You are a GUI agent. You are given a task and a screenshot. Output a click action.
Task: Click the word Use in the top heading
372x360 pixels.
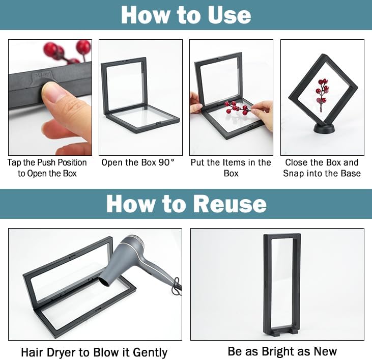[x=229, y=15]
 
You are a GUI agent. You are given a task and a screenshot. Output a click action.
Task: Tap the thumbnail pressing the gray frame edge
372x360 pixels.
[x=52, y=91]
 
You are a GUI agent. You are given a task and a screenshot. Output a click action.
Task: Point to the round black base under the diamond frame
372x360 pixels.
[x=324, y=129]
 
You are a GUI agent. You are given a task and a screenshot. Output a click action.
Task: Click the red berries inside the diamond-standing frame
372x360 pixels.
[x=323, y=94]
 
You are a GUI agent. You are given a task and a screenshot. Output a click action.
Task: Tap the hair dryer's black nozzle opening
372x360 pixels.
[x=104, y=282]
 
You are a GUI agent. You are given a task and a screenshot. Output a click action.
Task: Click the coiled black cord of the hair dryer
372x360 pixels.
[x=177, y=287]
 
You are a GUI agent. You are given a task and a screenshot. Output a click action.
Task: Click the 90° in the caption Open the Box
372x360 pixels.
[x=166, y=162]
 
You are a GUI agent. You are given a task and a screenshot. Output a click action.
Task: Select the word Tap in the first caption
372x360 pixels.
[x=14, y=163]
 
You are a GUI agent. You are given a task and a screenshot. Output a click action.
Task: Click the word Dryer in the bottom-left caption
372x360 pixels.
[x=62, y=353]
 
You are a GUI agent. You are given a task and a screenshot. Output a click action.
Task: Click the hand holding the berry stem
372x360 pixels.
[x=262, y=115]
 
